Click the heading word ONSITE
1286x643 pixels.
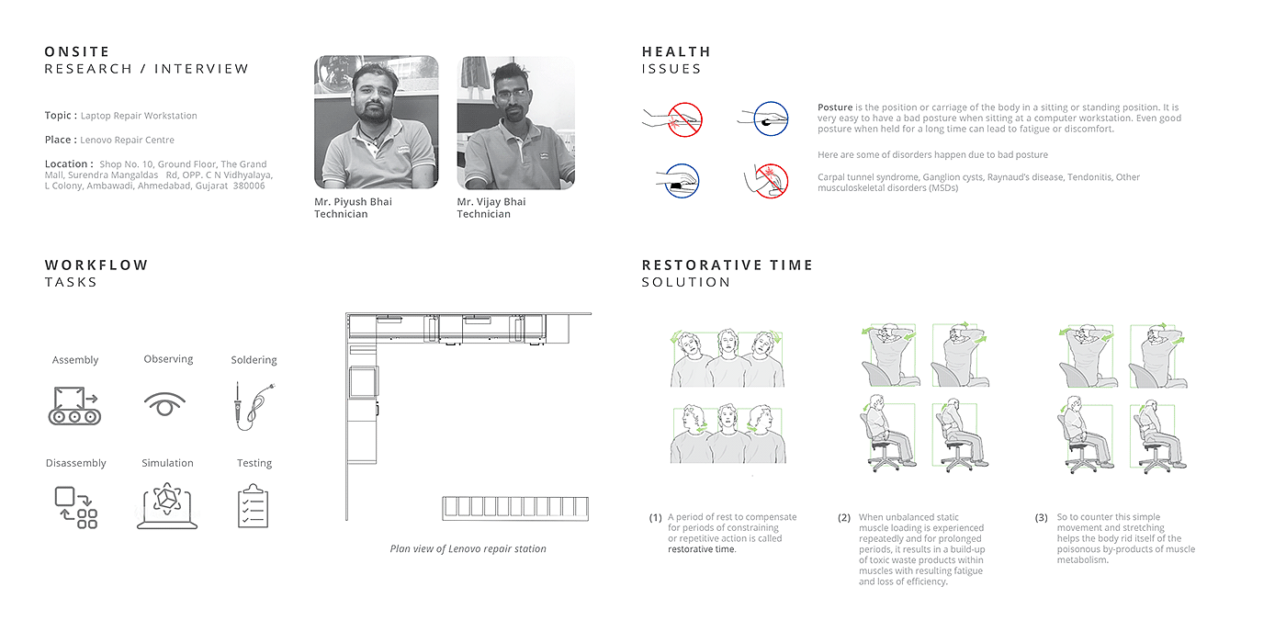click(77, 51)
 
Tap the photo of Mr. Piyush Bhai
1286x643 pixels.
click(377, 122)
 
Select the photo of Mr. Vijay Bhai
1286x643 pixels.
click(515, 122)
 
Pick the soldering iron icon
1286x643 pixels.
click(251, 406)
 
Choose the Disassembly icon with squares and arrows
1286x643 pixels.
click(75, 507)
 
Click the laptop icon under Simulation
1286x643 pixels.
click(167, 505)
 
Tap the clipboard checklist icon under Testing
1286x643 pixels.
click(254, 505)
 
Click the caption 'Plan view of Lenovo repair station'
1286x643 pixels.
click(468, 549)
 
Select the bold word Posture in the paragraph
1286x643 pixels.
click(835, 107)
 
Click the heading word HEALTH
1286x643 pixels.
click(676, 51)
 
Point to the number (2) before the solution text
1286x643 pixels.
click(844, 518)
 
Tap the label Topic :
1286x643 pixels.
click(61, 116)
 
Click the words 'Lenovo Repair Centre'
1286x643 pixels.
click(127, 141)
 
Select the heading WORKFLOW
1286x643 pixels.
click(96, 265)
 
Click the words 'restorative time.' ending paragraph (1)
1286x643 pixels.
click(702, 549)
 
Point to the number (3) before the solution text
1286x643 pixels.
click(1041, 518)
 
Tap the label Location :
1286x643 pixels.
click(69, 164)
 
